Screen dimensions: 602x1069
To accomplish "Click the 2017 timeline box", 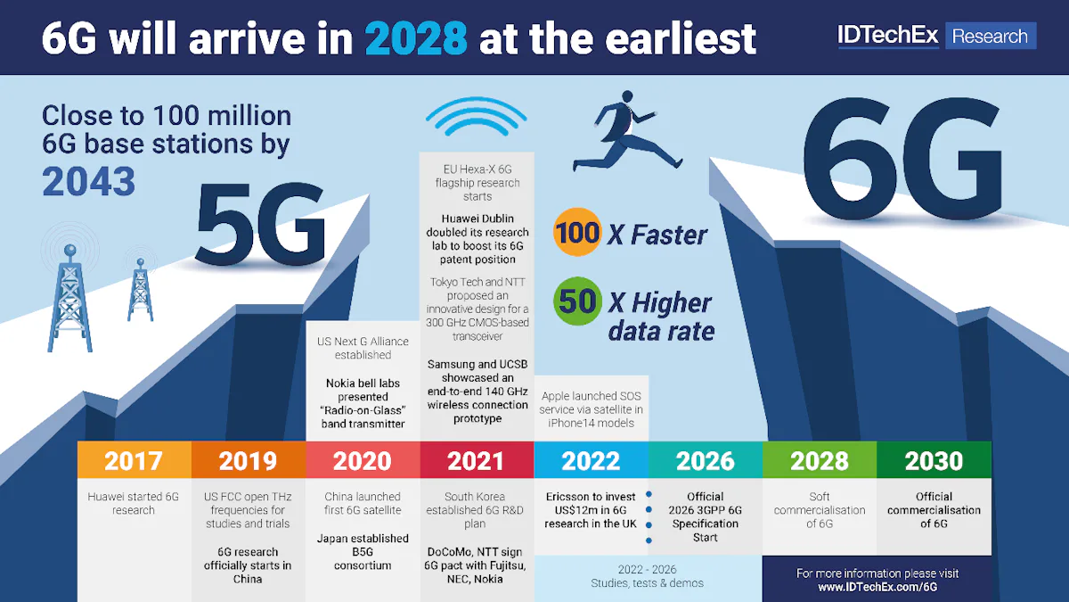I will (x=134, y=460).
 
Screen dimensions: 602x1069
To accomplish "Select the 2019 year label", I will (x=248, y=460).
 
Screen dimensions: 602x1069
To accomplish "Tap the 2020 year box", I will (x=362, y=460).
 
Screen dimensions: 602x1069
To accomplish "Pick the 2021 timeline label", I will (x=476, y=460).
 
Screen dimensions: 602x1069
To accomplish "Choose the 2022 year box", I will (x=591, y=460).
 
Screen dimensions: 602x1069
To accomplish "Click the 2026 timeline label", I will (x=705, y=460).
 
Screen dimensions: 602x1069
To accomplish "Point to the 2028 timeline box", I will (x=820, y=460).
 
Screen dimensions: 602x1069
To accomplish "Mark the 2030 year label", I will (x=934, y=460).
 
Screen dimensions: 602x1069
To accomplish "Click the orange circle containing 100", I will (x=577, y=233).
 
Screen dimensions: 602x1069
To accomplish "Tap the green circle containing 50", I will (x=577, y=301).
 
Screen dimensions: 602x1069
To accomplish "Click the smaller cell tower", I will (x=140, y=289).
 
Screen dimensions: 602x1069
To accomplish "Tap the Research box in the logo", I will (x=989, y=37).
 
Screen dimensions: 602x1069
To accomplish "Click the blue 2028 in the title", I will (x=416, y=38).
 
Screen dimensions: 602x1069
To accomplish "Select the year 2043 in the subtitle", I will (x=89, y=181).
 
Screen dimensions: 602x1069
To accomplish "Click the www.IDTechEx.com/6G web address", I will (x=877, y=588).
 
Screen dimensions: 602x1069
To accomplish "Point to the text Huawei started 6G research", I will (x=134, y=503).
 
